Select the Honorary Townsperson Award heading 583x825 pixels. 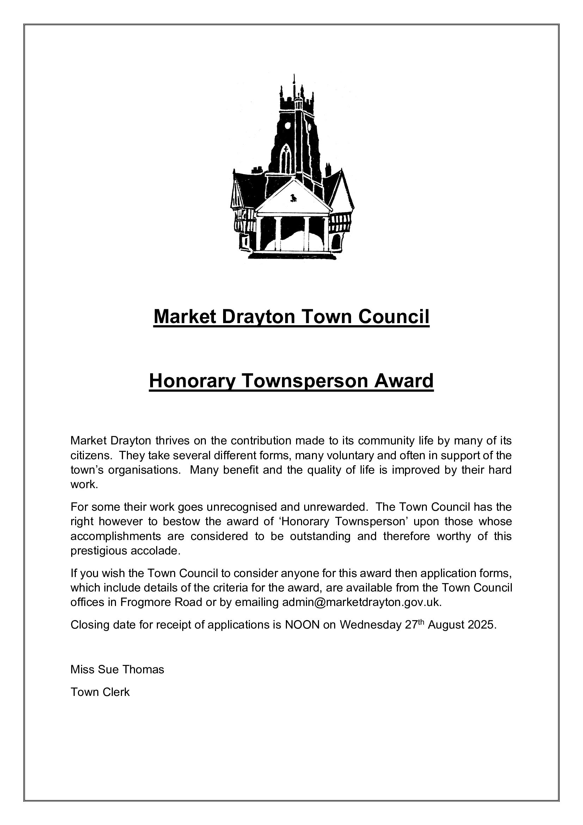click(291, 381)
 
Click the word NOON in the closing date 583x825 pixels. click(302, 625)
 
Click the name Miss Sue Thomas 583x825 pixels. click(117, 669)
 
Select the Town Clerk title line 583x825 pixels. click(100, 692)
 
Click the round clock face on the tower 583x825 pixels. click(288, 126)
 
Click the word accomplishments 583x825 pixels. click(116, 536)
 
